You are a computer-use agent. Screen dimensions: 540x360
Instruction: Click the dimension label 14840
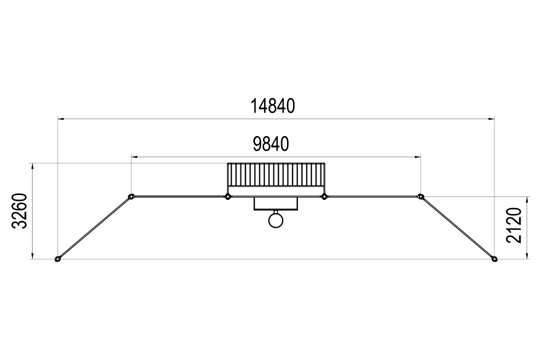(272, 106)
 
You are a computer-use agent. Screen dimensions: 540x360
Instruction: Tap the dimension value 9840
(270, 144)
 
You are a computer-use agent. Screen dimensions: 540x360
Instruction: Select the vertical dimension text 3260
(19, 211)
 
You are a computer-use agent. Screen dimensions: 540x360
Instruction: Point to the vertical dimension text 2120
(514, 225)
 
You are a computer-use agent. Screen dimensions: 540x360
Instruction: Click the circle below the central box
(275, 221)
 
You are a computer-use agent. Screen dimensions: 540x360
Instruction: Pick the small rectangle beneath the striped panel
(275, 203)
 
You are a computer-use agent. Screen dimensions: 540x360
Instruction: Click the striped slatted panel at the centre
(276, 175)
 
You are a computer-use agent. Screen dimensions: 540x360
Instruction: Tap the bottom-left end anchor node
(58, 258)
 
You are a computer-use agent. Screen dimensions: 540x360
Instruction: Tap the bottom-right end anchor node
(494, 258)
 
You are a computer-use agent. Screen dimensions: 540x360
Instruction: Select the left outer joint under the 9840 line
(131, 196)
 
